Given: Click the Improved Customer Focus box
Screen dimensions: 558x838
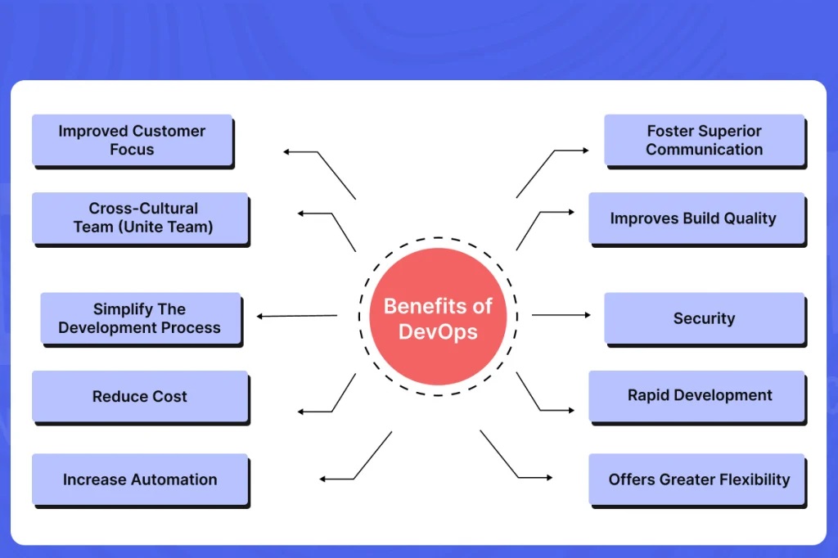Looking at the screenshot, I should coord(132,140).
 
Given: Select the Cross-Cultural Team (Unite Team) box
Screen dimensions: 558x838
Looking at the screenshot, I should coord(139,218).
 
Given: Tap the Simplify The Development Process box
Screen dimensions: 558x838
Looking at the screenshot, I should coord(140,318).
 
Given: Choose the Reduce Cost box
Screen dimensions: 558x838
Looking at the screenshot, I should coord(139,396).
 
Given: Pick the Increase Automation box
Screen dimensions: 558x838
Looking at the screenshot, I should coord(140,479).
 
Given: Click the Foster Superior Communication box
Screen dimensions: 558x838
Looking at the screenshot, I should coord(704,140).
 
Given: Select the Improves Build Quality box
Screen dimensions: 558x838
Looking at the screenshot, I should coord(696,218).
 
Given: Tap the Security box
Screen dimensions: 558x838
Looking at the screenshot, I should coord(704,318).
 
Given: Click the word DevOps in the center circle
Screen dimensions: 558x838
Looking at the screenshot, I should coord(438,332).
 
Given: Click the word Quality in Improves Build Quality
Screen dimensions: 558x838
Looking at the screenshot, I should coord(750,218).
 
